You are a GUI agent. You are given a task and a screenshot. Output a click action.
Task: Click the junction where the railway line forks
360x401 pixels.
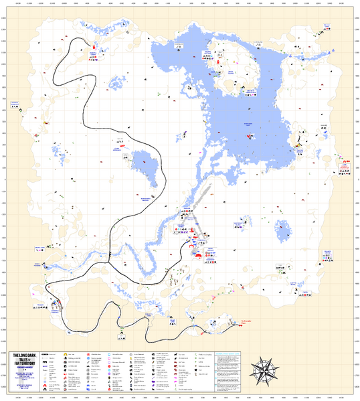click(x=110, y=255)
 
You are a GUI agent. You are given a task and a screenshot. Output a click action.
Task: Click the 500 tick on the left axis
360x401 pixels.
click(x=4, y=122)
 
